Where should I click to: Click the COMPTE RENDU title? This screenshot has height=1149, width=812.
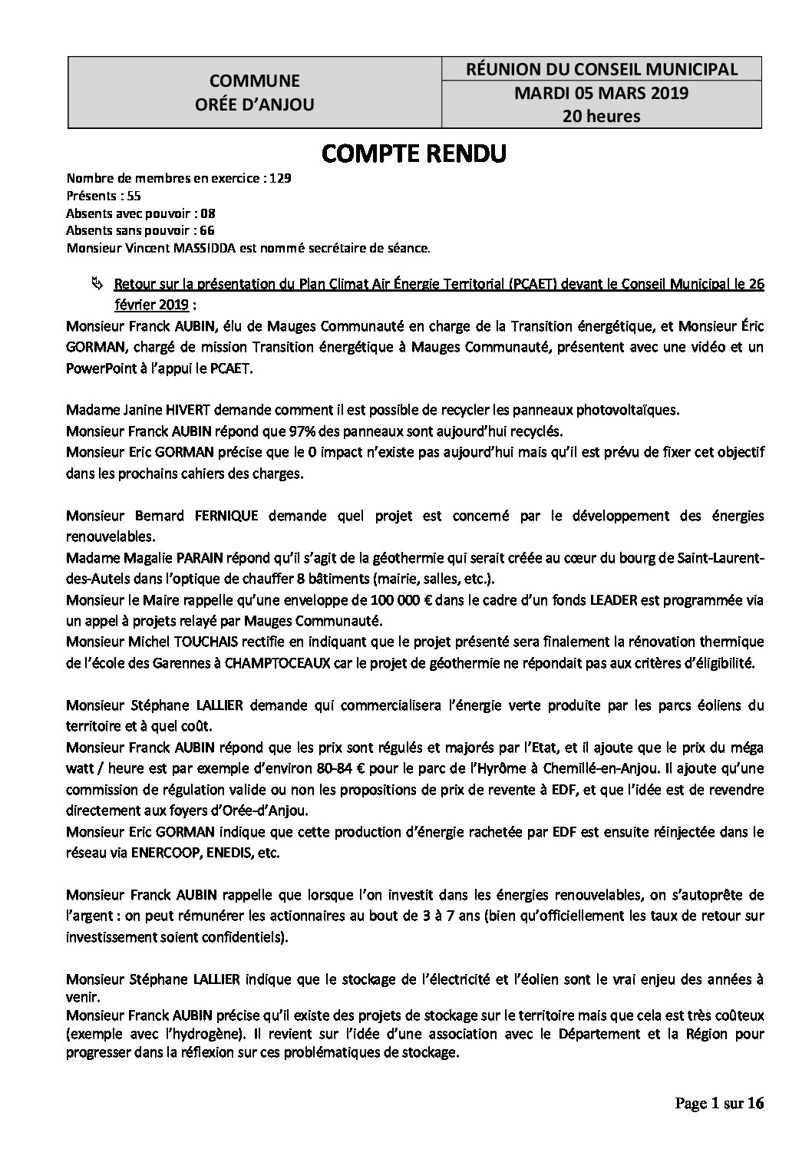pyautogui.click(x=414, y=154)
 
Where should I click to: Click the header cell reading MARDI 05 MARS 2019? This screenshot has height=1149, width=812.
pyautogui.click(x=602, y=94)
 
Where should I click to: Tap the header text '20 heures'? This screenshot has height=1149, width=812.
pyautogui.click(x=602, y=117)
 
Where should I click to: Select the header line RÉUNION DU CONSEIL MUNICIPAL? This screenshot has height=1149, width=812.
pyautogui.click(x=602, y=69)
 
